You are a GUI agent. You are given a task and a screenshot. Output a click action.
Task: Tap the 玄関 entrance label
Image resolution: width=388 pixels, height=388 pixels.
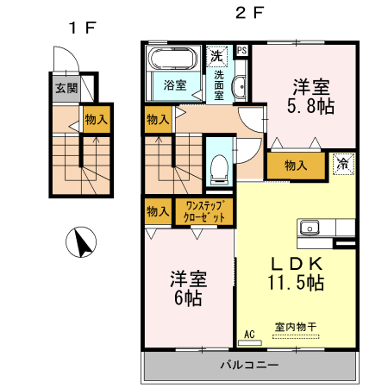(x=66, y=88)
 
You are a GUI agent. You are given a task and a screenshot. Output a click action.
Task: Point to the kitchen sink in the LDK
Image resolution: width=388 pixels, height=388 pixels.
(x=310, y=228)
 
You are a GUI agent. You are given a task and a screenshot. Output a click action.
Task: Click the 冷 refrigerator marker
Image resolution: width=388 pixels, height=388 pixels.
(x=343, y=162)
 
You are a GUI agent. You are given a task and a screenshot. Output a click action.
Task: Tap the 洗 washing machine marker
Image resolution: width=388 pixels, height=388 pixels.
(x=219, y=55)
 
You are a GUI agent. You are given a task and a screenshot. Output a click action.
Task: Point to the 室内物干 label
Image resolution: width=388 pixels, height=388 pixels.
(x=296, y=327)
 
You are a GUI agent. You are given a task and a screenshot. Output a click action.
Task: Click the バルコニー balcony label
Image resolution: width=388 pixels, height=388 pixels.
(x=248, y=366)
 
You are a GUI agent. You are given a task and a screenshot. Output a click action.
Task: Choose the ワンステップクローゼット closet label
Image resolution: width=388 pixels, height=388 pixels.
(x=204, y=212)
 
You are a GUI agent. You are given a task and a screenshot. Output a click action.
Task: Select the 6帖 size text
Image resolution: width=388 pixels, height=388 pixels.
(x=187, y=298)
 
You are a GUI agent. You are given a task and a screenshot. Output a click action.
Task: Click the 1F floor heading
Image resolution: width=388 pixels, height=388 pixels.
(x=83, y=28)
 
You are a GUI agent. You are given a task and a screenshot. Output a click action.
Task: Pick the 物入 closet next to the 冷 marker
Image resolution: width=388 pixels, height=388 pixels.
(x=295, y=165)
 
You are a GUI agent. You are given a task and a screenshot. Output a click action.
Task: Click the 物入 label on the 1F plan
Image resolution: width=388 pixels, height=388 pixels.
(x=96, y=120)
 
